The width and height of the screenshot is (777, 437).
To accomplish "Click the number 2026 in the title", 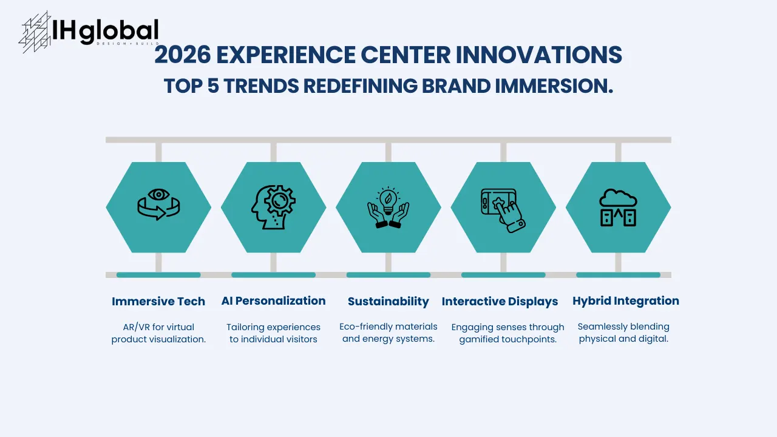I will (x=182, y=55).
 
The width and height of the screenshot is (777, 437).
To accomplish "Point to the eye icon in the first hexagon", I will (x=159, y=195).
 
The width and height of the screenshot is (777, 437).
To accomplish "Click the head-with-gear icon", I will (x=273, y=207).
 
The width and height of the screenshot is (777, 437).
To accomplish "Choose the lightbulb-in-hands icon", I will (x=388, y=207).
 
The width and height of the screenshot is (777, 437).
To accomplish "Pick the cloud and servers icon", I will (x=618, y=207).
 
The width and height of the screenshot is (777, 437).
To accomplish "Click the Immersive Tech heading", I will (x=158, y=301).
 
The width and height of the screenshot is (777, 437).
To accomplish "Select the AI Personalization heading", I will (x=273, y=300).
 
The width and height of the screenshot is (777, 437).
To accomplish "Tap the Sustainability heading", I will (x=388, y=301).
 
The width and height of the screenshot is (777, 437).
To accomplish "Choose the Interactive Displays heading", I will (x=500, y=301).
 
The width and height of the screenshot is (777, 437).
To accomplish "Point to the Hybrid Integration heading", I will (x=625, y=300).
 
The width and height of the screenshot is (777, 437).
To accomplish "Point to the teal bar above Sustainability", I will (x=388, y=275).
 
